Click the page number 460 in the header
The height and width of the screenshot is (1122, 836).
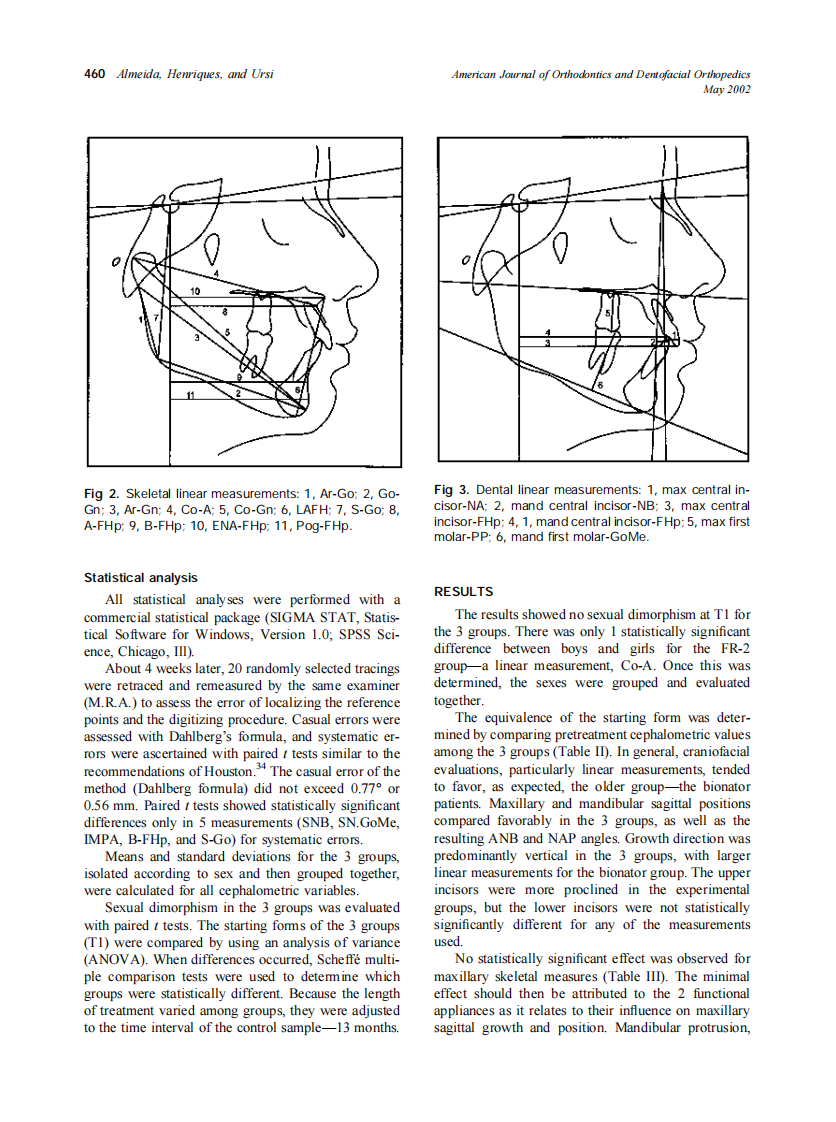(x=96, y=74)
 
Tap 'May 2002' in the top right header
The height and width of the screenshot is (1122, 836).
(x=727, y=89)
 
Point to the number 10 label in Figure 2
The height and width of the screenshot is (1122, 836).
(x=195, y=290)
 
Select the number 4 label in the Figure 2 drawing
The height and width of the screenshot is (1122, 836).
(x=215, y=273)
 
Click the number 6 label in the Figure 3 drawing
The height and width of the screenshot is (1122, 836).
(x=600, y=385)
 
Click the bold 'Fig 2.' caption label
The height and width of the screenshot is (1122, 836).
(x=102, y=494)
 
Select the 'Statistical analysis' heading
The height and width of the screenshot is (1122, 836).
(x=141, y=578)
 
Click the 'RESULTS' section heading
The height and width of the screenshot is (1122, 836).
(x=464, y=592)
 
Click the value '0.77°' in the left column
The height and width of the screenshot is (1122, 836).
(x=369, y=788)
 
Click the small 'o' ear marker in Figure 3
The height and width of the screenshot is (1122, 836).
(x=466, y=260)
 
